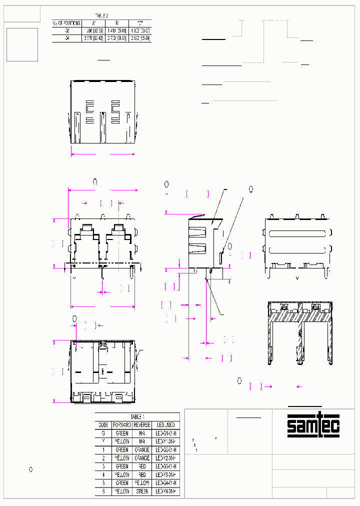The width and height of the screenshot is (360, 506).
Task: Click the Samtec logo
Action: pos(313,425)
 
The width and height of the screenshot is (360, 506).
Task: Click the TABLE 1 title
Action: pos(137,416)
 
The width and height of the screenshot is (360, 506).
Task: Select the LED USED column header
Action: pos(164,424)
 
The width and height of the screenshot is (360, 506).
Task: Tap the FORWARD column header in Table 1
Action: pos(121,424)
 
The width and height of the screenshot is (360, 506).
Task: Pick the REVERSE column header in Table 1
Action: pos(142,424)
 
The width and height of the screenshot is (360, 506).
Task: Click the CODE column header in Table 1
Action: pos(103,424)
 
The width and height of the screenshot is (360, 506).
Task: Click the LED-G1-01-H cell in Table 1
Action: pos(164,433)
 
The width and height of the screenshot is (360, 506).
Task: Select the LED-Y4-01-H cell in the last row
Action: pos(164,491)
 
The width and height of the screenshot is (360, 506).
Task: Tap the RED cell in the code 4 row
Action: pos(142,474)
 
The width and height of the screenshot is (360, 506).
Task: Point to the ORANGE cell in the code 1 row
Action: pos(142,450)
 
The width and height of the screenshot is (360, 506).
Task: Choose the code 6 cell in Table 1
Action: pos(103,491)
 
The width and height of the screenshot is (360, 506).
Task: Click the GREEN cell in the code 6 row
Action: pos(142,491)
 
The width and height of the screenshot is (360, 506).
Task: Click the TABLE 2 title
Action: pos(101,16)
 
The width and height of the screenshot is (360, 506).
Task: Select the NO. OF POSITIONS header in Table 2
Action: pos(67,23)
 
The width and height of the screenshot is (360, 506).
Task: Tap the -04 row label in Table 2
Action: pos(67,38)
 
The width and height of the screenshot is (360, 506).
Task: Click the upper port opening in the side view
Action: pos(198,232)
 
